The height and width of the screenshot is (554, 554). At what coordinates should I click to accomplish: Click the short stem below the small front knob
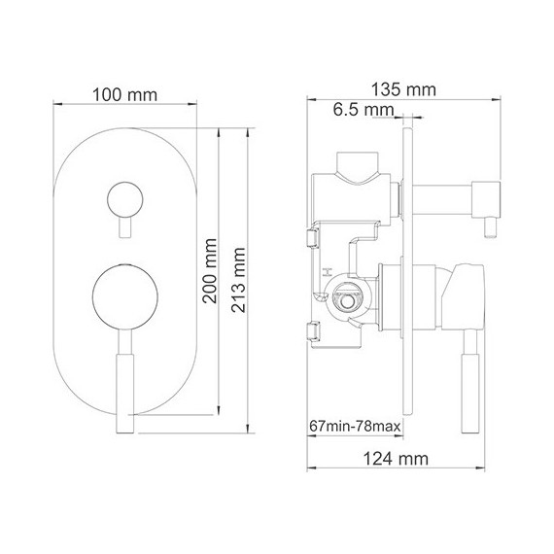[123, 225]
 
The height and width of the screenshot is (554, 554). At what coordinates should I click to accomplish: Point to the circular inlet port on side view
[342, 302]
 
